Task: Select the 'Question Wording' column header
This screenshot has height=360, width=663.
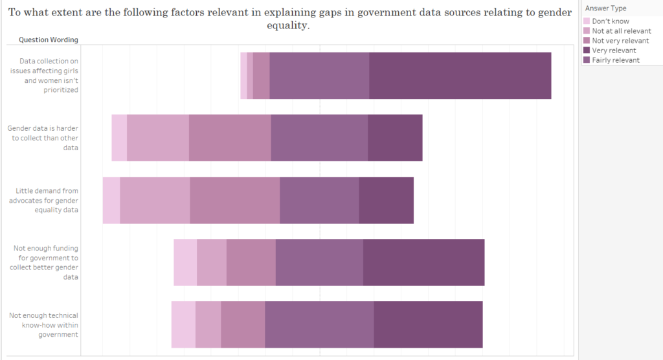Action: coord(49,39)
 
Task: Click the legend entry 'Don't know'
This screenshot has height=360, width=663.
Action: coord(610,21)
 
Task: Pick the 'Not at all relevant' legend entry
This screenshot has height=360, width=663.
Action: coord(621,31)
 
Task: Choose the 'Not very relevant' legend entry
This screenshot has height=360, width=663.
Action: coord(620,41)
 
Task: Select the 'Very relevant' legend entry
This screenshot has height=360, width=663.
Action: coord(614,51)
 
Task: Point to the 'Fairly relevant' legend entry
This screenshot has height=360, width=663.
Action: coord(615,60)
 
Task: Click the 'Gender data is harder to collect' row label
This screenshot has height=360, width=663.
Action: coord(43,138)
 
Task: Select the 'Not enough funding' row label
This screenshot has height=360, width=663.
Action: coord(46,262)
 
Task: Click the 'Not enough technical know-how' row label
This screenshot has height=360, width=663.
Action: coord(44,324)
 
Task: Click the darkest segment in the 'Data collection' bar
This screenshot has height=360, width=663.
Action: coord(460,76)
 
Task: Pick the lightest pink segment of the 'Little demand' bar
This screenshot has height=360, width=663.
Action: coord(111,200)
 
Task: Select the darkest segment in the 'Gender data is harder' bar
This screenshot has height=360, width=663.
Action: coord(395,138)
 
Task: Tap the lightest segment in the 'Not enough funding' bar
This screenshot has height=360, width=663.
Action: coord(185,262)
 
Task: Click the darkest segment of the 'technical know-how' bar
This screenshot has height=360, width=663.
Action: coord(428,324)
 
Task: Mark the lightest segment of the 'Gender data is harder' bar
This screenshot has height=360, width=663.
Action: coord(119,138)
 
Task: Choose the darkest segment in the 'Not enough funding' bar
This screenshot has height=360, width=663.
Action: coord(423,262)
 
